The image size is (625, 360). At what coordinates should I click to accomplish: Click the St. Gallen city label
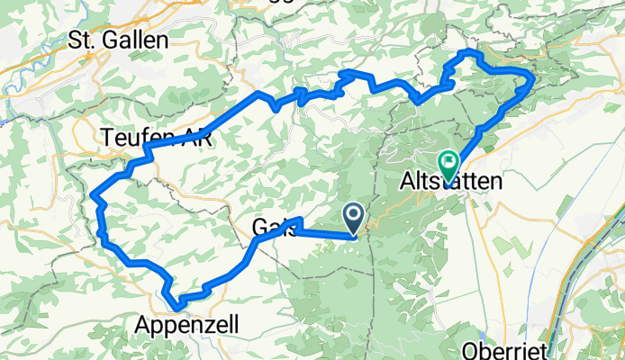point(118,40)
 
